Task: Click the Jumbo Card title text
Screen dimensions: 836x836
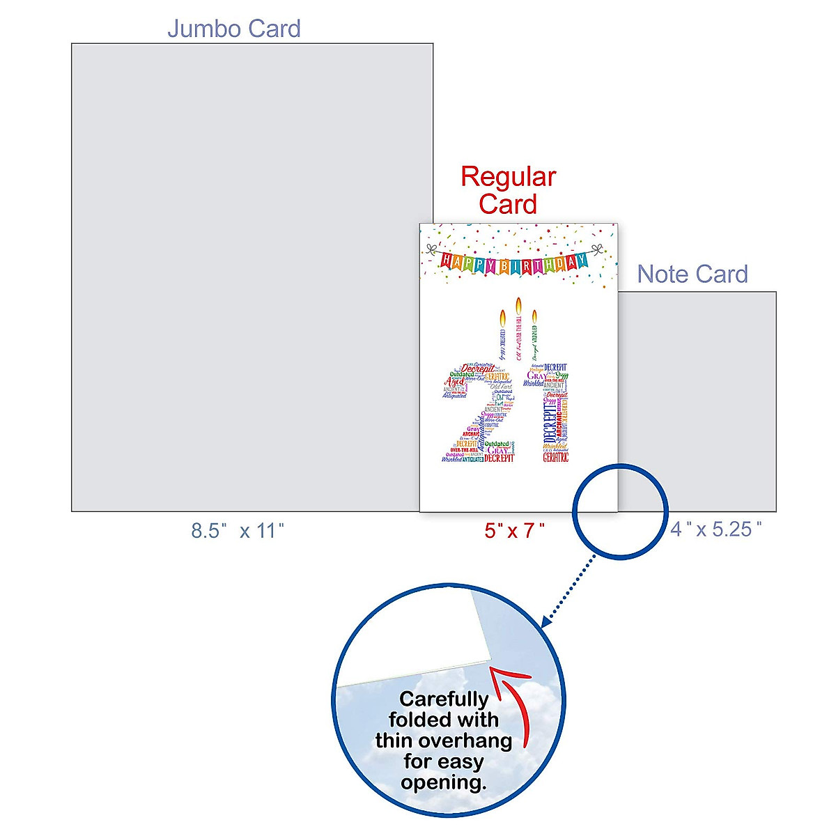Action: (234, 29)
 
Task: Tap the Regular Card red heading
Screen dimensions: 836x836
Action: (509, 190)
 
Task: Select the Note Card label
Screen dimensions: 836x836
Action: (692, 274)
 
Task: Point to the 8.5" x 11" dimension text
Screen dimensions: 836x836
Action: (238, 531)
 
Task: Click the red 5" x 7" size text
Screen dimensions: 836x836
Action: (515, 531)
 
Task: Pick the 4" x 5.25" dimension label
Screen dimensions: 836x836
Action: (716, 529)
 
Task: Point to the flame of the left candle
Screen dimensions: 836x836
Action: (502, 318)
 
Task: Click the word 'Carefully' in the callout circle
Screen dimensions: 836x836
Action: (444, 699)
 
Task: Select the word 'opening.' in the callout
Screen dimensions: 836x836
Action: (444, 782)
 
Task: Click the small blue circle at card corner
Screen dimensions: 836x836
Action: (620, 511)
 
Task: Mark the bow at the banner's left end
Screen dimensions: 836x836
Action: (431, 249)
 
